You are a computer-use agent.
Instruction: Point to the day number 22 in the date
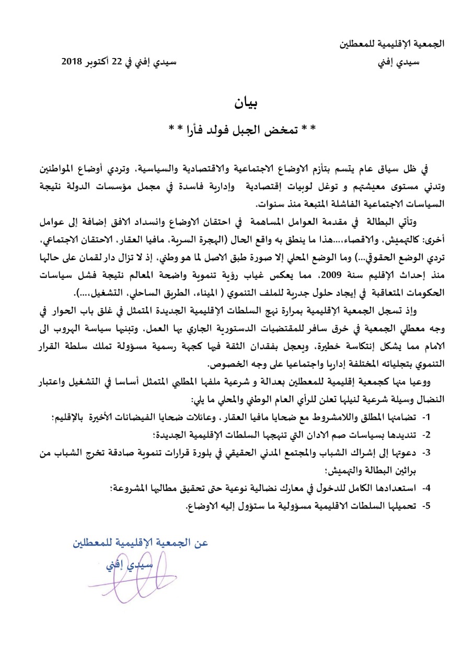[120, 62]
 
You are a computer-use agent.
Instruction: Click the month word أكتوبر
[99, 62]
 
